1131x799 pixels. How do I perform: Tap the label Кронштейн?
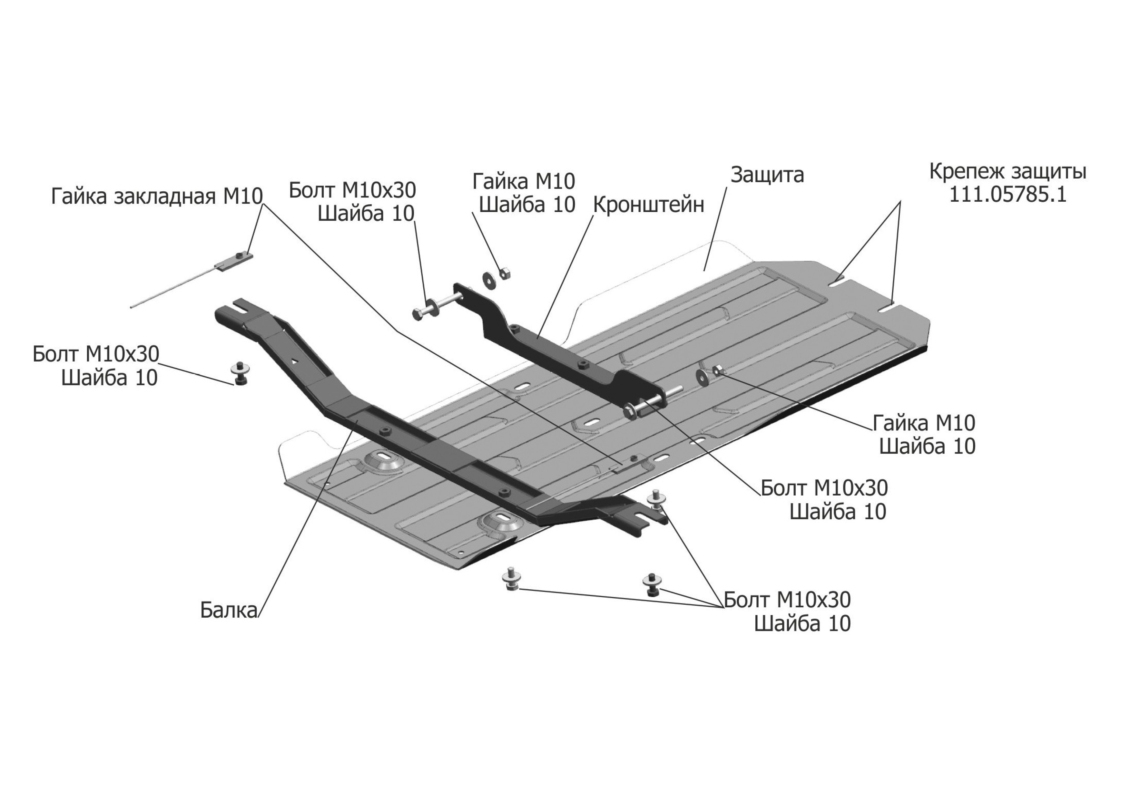[648, 205]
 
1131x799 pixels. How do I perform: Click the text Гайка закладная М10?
[157, 197]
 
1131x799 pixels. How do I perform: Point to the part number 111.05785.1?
[1008, 195]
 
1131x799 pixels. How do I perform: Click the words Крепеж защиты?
[1008, 172]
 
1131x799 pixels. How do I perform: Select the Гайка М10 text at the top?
[523, 182]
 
